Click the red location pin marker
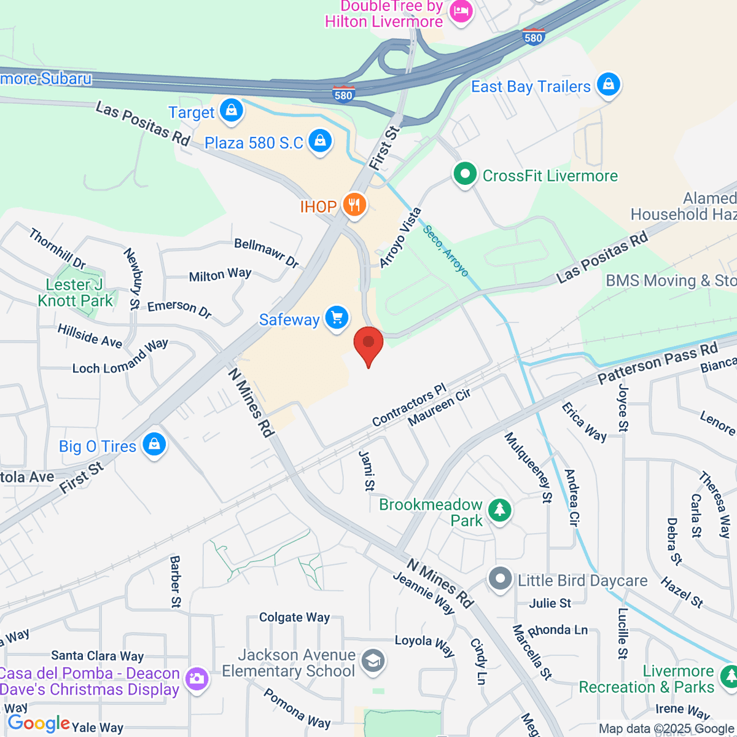coord(368,342)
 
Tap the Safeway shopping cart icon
coord(337,318)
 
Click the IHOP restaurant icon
coord(354,205)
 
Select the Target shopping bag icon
coord(232,111)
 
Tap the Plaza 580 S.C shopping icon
coord(320,141)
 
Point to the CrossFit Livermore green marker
coord(465,174)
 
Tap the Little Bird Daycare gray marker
coord(500,579)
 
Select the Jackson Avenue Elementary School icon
coord(372,661)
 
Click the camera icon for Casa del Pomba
coord(197,679)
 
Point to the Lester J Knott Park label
coord(75,292)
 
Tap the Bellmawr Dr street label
coord(267,252)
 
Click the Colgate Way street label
coord(294,617)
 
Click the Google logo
coord(39,723)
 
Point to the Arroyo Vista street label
coord(400,238)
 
